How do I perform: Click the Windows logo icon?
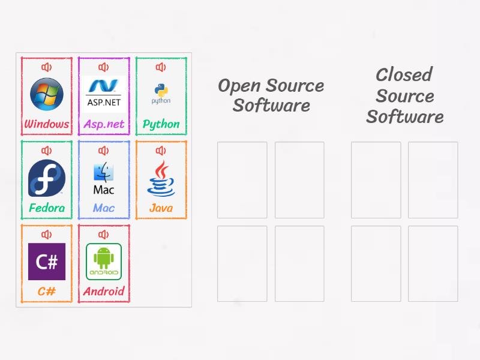(47, 94)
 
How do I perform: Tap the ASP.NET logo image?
(103, 94)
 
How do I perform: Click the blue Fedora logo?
(47, 178)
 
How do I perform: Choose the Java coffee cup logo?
(161, 178)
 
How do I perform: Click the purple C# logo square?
(47, 262)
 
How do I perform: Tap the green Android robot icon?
(103, 262)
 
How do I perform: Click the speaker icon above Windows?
(47, 67)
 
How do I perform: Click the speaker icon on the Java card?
(161, 151)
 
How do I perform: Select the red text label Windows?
(47, 125)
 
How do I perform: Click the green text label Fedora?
(47, 208)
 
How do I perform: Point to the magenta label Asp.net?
(103, 125)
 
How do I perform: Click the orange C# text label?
(47, 292)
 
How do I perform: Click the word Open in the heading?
(239, 86)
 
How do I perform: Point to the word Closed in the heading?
(404, 75)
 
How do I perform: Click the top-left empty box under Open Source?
(242, 179)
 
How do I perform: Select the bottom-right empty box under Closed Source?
(433, 263)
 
